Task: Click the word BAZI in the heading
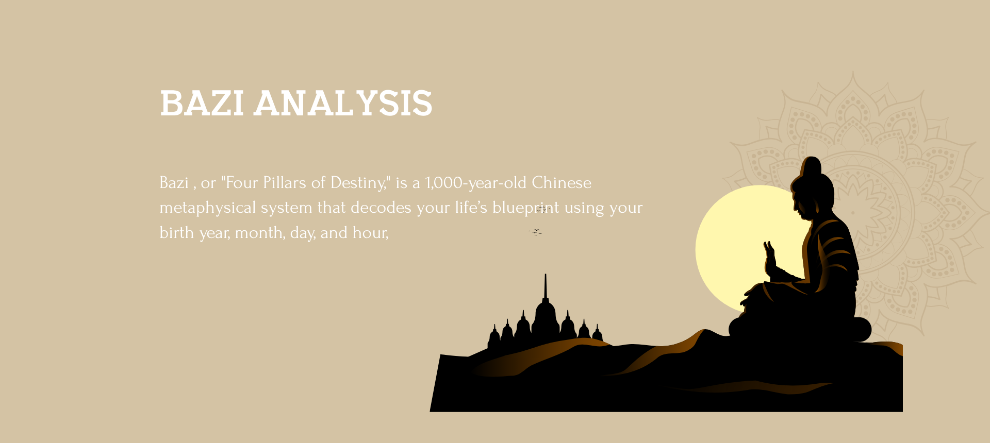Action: click(202, 103)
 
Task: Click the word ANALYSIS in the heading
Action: click(343, 103)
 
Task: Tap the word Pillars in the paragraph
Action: click(285, 183)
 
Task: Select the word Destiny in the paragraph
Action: click(357, 183)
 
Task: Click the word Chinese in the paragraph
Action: click(562, 183)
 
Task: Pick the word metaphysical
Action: click(208, 208)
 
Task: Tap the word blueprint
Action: click(525, 208)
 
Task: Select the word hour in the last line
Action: click(370, 233)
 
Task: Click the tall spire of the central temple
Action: click(546, 286)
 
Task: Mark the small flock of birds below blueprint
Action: click(536, 232)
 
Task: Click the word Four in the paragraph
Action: click(242, 183)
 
